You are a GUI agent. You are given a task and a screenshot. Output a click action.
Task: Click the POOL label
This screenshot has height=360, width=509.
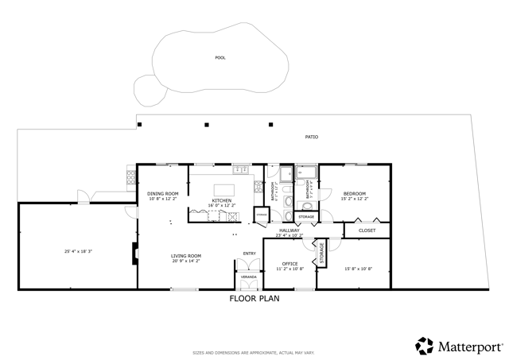[x=220, y=57]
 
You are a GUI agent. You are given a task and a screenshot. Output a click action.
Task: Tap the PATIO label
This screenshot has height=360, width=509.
[x=312, y=137]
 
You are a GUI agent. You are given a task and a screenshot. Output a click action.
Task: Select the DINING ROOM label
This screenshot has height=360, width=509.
[x=163, y=194]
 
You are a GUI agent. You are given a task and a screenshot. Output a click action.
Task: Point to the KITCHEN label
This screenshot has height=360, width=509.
[x=221, y=199]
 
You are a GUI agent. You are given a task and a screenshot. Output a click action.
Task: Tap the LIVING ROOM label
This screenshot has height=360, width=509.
[x=186, y=256]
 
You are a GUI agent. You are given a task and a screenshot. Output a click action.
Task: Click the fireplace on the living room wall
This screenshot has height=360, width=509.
[x=134, y=253]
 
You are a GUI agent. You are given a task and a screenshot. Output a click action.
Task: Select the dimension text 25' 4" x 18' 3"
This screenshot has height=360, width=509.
[x=79, y=252]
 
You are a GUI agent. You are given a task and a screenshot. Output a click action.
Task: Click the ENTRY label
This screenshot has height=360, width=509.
[x=249, y=255]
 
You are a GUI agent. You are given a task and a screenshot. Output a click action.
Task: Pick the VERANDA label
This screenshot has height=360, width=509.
[x=249, y=277]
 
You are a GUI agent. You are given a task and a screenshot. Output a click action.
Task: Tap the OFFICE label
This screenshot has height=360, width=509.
[x=290, y=264]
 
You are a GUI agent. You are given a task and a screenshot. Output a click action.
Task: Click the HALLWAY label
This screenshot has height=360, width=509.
[x=289, y=230]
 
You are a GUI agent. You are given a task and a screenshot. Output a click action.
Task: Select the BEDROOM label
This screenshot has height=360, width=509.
[x=355, y=194]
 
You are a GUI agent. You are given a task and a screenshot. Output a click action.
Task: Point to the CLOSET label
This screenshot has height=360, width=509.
[x=367, y=230]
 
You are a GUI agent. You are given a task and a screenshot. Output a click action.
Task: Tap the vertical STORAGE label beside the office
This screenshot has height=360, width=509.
[x=322, y=254]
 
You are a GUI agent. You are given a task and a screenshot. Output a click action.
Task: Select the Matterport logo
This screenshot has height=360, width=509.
[x=459, y=346]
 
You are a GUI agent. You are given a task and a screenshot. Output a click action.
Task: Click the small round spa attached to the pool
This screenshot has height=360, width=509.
[x=148, y=90]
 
